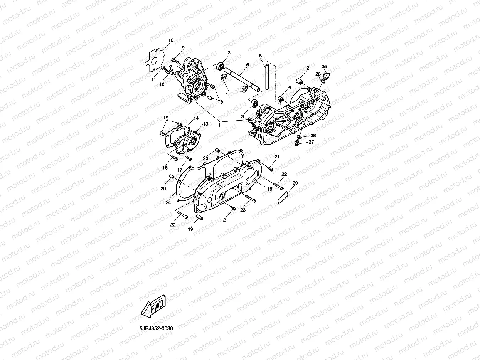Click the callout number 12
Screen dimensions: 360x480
(171, 40)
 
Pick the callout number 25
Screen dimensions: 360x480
(324, 66)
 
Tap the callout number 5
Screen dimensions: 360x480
(261, 56)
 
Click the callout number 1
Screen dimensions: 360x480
(219, 125)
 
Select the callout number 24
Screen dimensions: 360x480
(168, 202)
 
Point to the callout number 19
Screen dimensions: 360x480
(190, 229)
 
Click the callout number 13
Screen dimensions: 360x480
(205, 124)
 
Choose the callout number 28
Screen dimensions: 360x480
(313, 135)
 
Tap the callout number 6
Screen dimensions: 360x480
(247, 65)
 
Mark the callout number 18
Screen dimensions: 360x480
(270, 189)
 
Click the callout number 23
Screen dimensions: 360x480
(243, 210)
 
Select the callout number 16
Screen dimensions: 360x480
(165, 168)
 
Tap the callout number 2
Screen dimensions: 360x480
(308, 68)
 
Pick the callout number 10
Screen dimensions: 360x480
(162, 84)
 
